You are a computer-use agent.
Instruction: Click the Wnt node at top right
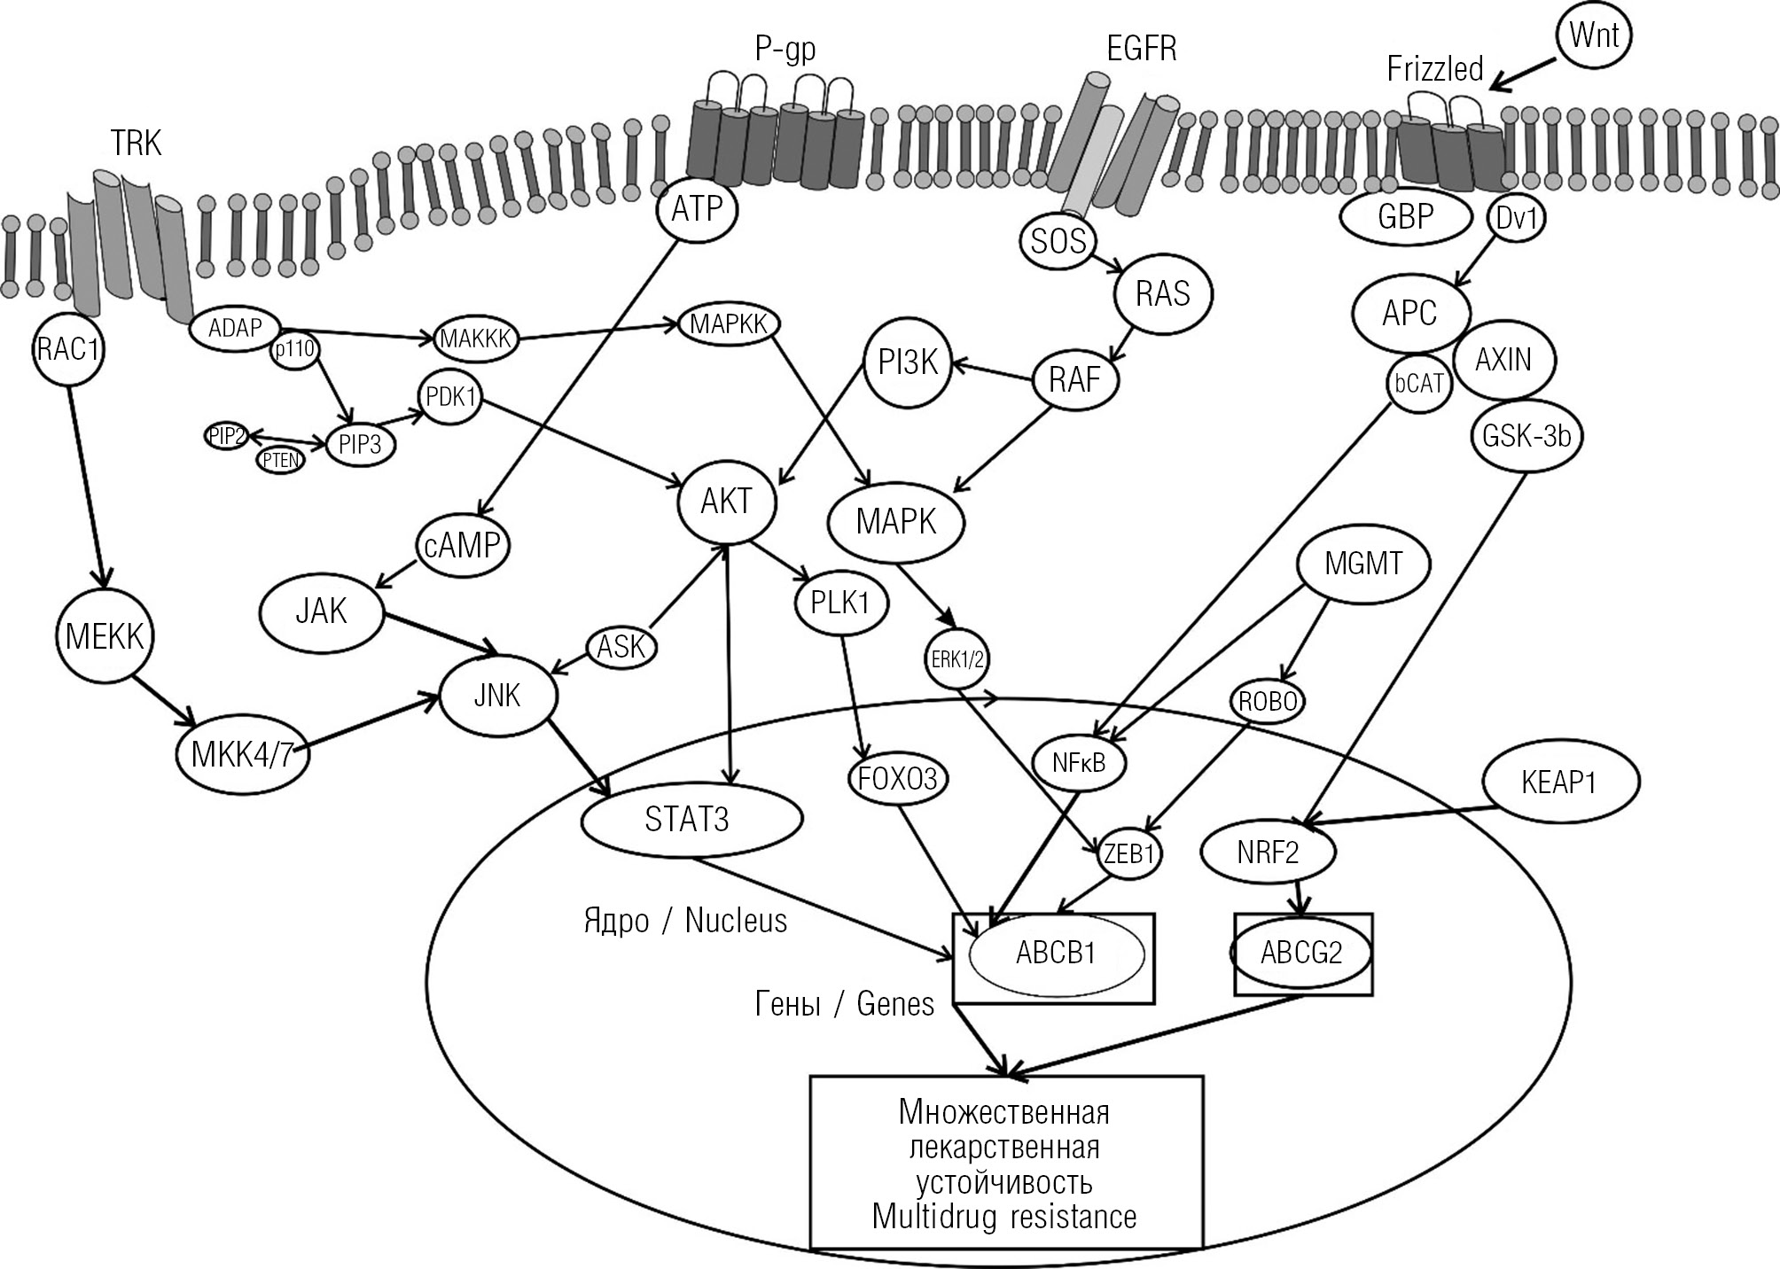[x=1593, y=36]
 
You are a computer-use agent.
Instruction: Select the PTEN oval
[x=280, y=460]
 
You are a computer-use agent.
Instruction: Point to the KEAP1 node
[x=1557, y=782]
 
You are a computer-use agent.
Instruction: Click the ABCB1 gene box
[x=1054, y=956]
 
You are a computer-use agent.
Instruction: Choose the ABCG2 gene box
[x=1302, y=954]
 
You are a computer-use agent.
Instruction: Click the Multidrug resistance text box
[x=1006, y=1163]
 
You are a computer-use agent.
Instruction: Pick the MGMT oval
[x=1362, y=564]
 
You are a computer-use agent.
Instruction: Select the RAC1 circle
[x=68, y=348]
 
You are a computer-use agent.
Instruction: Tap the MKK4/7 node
[x=242, y=755]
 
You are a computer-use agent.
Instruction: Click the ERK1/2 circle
[x=957, y=659]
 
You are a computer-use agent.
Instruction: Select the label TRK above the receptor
[x=137, y=143]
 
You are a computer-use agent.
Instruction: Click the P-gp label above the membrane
[x=785, y=49]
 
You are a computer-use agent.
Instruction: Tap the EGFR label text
[x=1142, y=49]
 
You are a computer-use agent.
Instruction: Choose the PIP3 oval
[x=360, y=444]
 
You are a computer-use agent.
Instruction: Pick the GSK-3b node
[x=1526, y=436]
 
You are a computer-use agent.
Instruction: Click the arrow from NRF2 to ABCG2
[x=1300, y=897]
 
